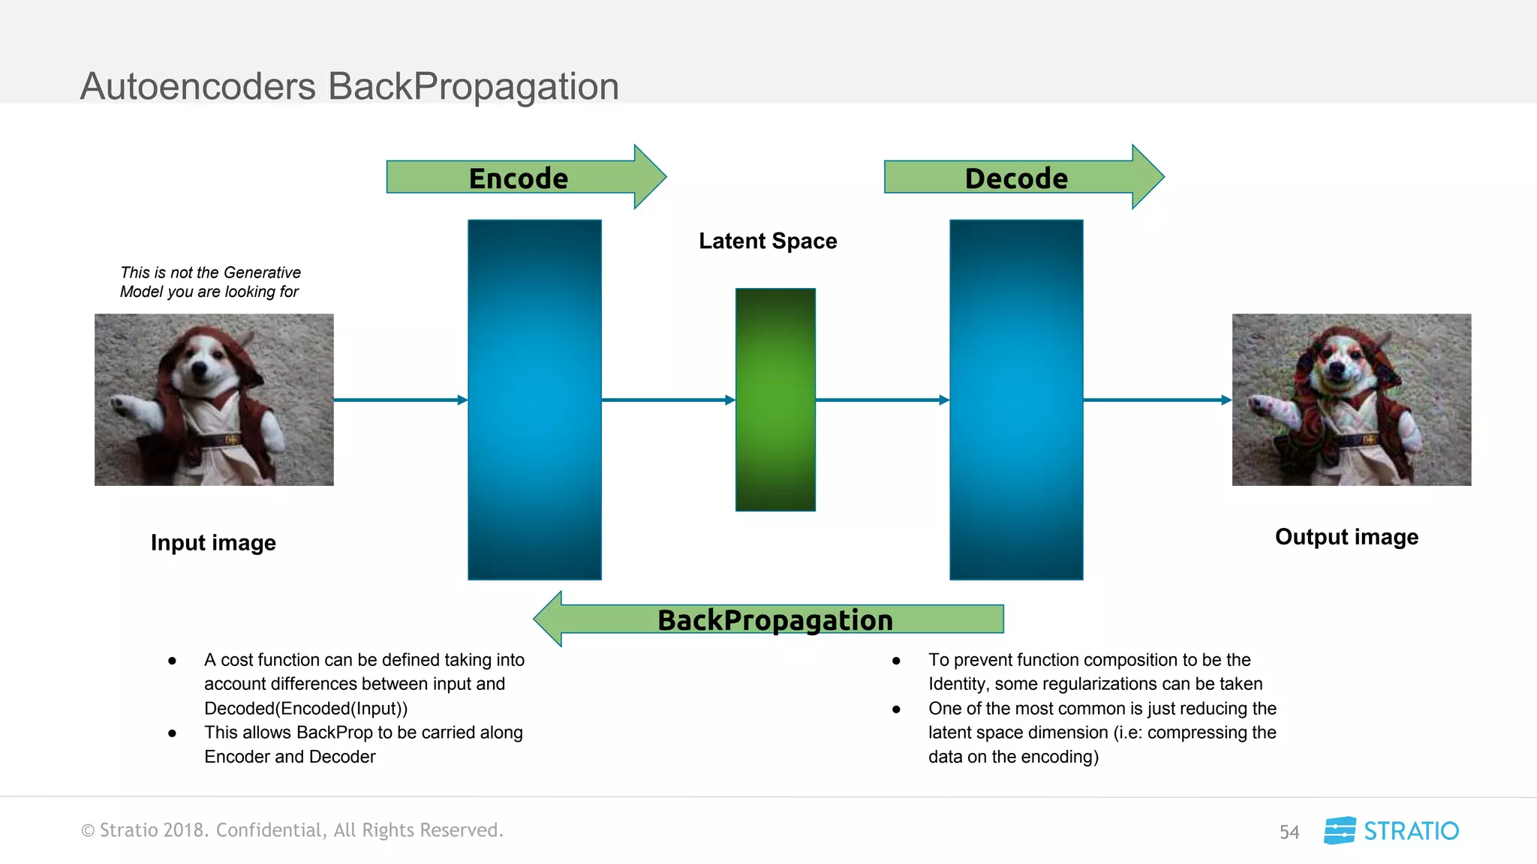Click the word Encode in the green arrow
[x=518, y=178]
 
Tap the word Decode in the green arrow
[x=1015, y=178]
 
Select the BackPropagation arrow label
[x=775, y=620]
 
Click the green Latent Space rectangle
[x=775, y=400]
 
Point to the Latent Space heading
[x=767, y=241]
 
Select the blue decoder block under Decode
[x=1016, y=315]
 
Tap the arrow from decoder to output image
[x=1157, y=400]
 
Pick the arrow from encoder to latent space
[x=668, y=400]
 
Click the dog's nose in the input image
[x=199, y=368]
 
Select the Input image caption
[x=213, y=542]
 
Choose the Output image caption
[x=1346, y=537]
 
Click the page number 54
[x=1289, y=832]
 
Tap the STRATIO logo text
[x=1410, y=831]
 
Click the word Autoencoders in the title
[x=198, y=86]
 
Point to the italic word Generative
[x=262, y=272]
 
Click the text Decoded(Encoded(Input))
[x=305, y=708]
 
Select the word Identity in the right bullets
[x=956, y=684]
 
